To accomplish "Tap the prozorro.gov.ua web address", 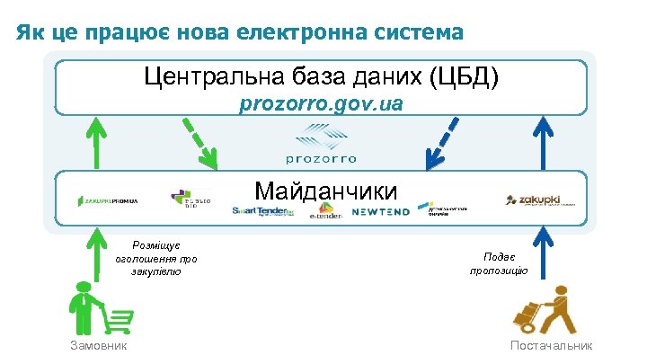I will (x=321, y=105).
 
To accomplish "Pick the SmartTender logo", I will (x=263, y=211).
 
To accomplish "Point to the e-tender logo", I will (x=325, y=215).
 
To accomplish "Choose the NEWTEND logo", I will (x=380, y=212).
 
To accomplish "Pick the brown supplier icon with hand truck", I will (x=545, y=310).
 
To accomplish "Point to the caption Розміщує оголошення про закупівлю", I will (x=155, y=258).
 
